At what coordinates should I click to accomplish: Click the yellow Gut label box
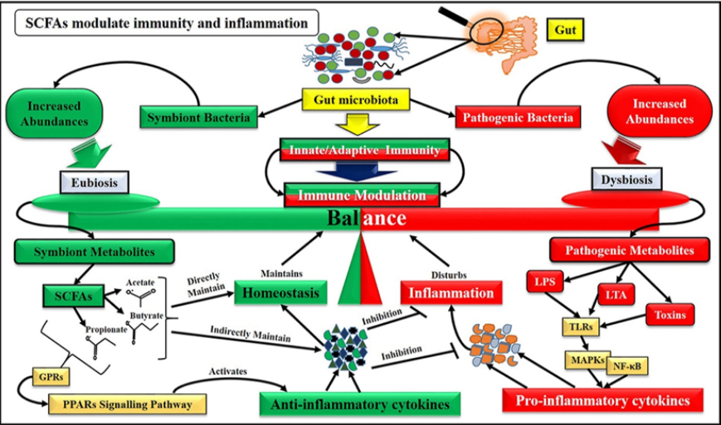click(x=565, y=30)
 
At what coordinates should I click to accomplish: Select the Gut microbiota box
click(x=356, y=99)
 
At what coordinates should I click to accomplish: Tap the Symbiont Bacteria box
click(x=198, y=117)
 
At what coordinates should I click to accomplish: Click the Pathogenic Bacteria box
click(x=518, y=117)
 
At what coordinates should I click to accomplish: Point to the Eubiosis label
click(x=95, y=182)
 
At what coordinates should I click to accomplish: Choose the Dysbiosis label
click(x=626, y=180)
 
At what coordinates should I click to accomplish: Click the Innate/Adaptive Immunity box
click(x=364, y=150)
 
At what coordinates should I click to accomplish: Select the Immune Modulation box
click(x=362, y=195)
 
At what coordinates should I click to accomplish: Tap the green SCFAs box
click(x=74, y=296)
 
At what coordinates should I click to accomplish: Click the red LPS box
click(x=545, y=281)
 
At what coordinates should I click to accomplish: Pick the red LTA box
click(x=616, y=294)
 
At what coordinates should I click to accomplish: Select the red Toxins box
click(x=670, y=315)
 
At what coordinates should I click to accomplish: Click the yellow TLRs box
click(x=581, y=326)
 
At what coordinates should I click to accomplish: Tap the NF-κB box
click(x=627, y=366)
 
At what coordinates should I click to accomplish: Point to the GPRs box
click(x=51, y=377)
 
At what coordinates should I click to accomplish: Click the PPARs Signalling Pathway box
click(x=128, y=404)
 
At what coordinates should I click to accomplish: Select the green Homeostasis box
click(x=280, y=292)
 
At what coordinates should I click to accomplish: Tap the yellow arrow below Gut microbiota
click(x=358, y=124)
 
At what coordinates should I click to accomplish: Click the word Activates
click(x=228, y=371)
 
